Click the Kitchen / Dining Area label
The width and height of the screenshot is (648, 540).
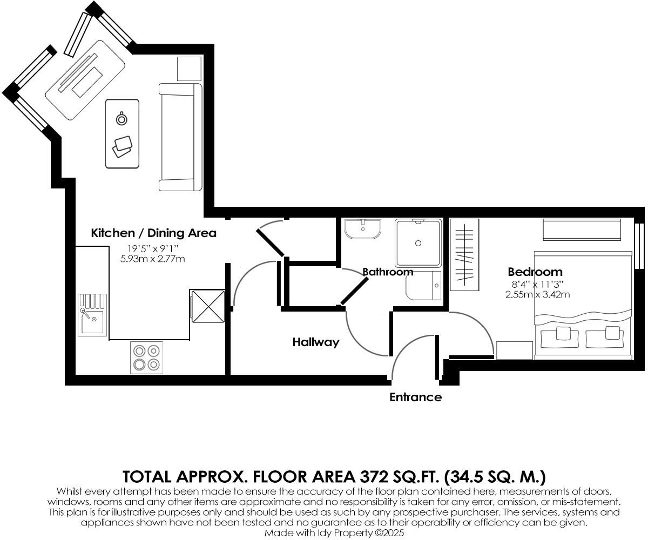[153, 233]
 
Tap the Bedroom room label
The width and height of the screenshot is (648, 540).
[535, 272]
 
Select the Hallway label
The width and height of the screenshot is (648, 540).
[316, 342]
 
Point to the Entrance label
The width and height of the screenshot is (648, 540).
[415, 397]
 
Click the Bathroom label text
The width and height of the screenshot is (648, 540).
[388, 272]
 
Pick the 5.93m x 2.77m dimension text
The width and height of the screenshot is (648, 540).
[153, 259]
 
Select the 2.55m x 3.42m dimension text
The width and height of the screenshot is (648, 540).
[537, 294]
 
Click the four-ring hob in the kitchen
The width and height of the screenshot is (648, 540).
[146, 357]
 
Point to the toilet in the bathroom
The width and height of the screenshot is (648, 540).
[425, 286]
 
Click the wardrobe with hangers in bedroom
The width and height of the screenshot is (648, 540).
[464, 254]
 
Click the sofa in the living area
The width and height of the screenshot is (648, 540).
[180, 137]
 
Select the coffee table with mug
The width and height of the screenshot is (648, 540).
[122, 133]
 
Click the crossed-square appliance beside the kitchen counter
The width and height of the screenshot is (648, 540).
[207, 306]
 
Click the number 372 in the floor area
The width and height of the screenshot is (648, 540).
[373, 477]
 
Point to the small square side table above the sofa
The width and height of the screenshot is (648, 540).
[189, 68]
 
